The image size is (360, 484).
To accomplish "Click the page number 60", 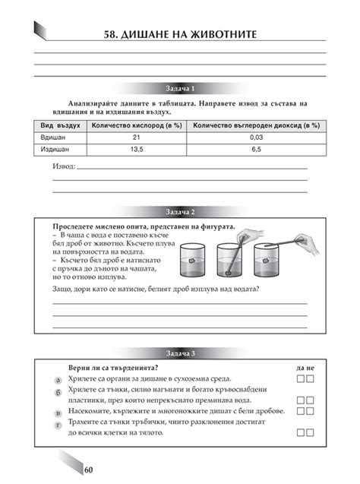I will pos(89,470).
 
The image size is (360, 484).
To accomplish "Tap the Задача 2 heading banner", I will pos(180,210).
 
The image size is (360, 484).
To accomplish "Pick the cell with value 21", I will pos(137,137).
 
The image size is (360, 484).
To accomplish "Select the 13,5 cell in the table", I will pos(137,150).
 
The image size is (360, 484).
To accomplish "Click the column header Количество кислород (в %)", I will pos(137,124).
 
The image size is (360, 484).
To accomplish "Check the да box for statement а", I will pos(301,378).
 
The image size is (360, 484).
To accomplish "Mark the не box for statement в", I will pos(311,411).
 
